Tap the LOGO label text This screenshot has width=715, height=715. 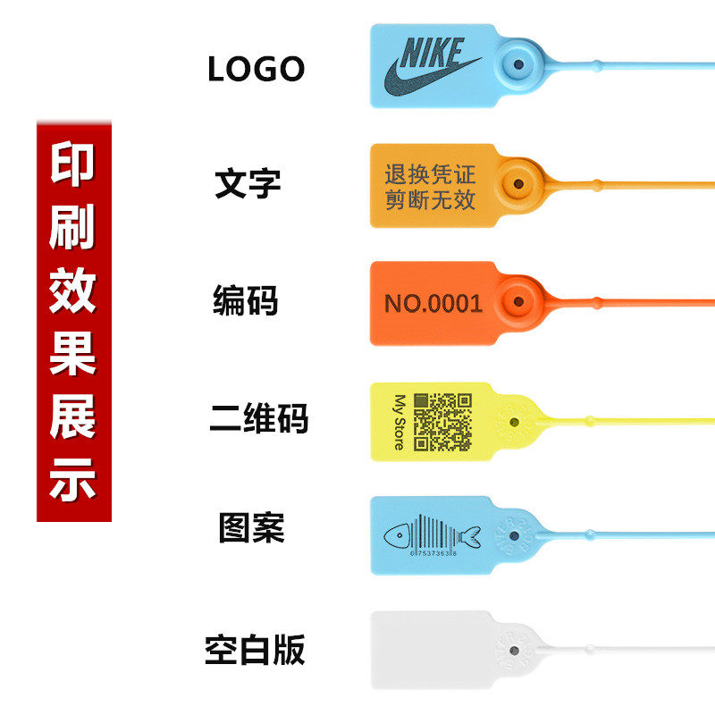256,70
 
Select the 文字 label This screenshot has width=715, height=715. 248,182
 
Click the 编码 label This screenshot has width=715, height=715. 246,300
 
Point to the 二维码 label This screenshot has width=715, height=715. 258,417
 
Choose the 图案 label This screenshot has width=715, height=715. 251,527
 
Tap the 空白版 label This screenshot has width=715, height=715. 255,650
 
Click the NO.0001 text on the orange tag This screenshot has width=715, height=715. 433,303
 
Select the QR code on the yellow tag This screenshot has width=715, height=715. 442,421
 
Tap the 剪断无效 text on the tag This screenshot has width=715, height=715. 430,199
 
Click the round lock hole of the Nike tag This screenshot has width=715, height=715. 517,64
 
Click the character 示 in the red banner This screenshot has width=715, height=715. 73,483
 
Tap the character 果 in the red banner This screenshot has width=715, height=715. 73,356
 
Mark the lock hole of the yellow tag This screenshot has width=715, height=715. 514,419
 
